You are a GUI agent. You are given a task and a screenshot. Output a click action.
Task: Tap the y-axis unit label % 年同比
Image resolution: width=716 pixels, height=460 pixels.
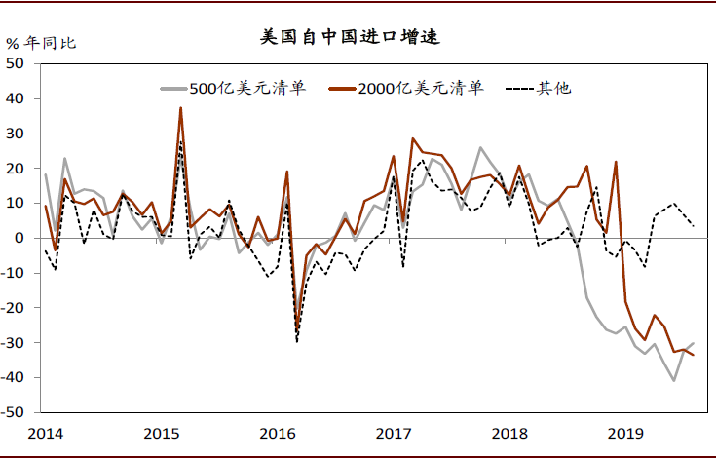click(x=41, y=43)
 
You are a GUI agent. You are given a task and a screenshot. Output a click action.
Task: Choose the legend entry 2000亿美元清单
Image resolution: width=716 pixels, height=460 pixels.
click(x=420, y=89)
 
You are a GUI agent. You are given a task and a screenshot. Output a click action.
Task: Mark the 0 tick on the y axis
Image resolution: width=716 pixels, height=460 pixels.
click(x=23, y=238)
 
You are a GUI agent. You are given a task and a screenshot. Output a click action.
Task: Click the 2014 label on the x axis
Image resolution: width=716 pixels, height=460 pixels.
click(x=45, y=431)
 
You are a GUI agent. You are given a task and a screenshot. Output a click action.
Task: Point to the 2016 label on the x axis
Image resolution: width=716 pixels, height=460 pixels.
click(x=277, y=431)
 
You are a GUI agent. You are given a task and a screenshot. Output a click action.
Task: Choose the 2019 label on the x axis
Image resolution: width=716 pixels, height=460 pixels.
click(x=623, y=431)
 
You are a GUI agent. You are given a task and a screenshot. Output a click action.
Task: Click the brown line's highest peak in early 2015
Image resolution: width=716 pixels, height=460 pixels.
click(x=180, y=108)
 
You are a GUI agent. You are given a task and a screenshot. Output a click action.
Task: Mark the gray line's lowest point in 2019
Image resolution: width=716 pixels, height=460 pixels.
click(x=673, y=380)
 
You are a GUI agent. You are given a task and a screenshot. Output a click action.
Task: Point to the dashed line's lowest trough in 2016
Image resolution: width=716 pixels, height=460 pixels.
click(x=296, y=342)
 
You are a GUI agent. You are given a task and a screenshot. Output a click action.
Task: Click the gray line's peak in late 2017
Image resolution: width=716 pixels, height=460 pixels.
click(x=480, y=148)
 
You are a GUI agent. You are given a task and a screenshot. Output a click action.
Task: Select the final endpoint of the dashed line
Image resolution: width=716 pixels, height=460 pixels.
click(x=693, y=225)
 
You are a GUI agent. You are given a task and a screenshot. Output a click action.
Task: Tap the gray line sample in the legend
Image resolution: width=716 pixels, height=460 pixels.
click(x=173, y=89)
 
